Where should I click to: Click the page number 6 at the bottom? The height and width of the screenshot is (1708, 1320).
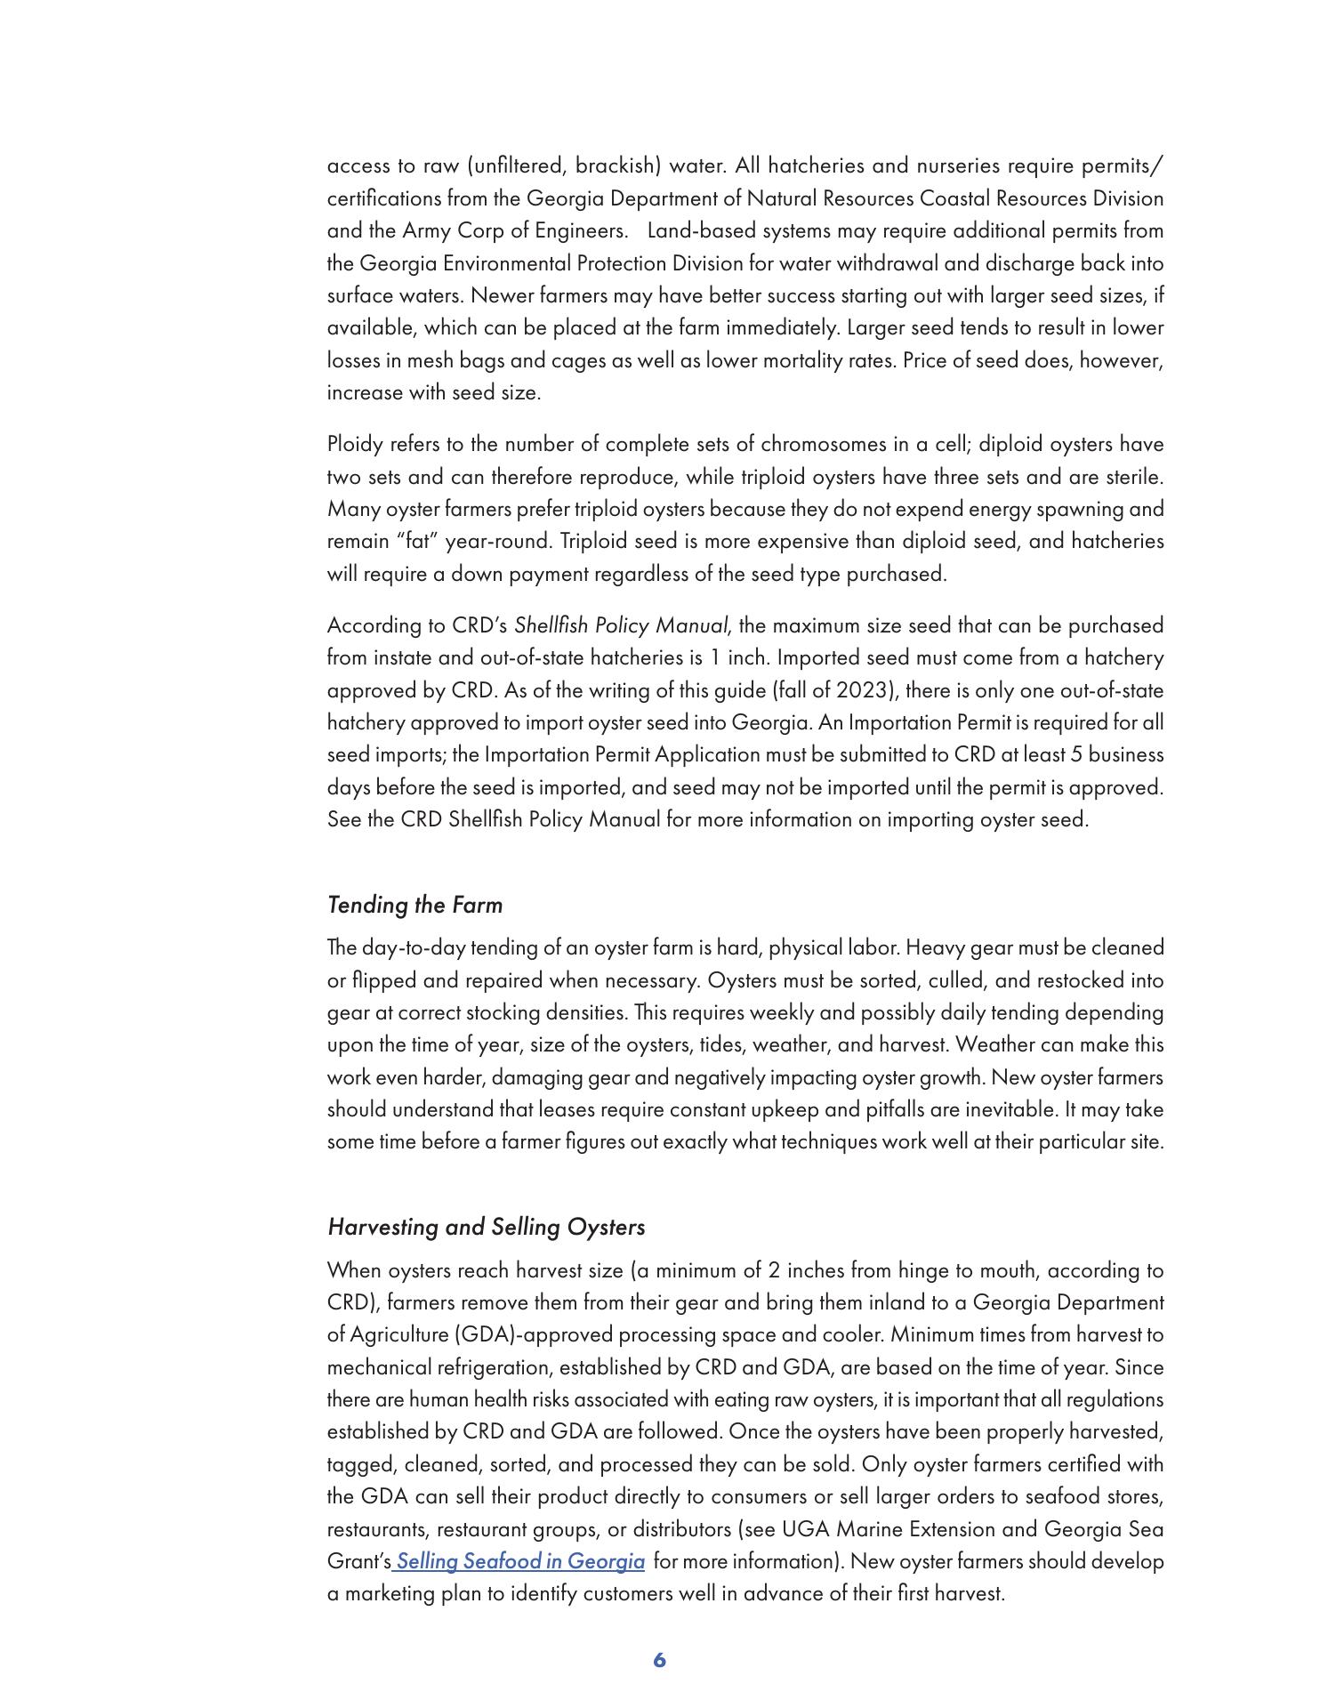pyautogui.click(x=659, y=1659)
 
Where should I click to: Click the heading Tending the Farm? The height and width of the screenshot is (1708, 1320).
pyautogui.click(x=415, y=905)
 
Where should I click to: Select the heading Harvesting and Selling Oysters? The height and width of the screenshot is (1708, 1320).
pyautogui.click(x=486, y=1227)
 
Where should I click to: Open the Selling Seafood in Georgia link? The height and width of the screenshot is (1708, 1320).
pyautogui.click(x=520, y=1561)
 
